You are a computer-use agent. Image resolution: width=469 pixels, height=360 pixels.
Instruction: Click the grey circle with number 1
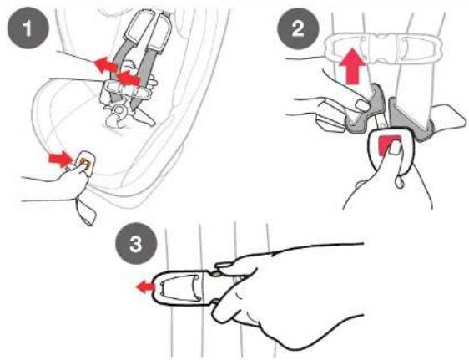[x=28, y=28]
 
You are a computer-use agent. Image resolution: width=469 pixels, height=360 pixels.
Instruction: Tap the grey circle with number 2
[x=298, y=28]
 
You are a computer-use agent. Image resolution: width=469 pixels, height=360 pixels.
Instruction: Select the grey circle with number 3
[x=136, y=244]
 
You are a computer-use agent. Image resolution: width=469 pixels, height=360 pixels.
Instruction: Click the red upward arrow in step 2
[x=353, y=65]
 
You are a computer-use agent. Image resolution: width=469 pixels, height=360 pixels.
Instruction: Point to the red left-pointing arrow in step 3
[x=146, y=287]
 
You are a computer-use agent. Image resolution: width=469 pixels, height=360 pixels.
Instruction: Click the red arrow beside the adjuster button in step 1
[x=60, y=159]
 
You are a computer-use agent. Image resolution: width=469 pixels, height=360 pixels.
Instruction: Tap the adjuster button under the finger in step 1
[x=85, y=162]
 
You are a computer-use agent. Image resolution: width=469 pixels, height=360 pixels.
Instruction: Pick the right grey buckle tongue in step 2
[x=411, y=119]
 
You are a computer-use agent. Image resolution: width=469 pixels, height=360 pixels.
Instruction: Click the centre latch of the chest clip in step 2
[x=382, y=48]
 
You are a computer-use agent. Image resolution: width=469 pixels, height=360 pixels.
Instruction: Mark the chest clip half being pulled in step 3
[x=183, y=288]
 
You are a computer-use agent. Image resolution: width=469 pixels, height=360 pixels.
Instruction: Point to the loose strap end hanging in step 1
[x=86, y=211]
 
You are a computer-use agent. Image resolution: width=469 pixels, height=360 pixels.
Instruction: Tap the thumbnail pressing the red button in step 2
[x=396, y=147]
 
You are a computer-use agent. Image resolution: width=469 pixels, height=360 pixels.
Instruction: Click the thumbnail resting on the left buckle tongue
[x=362, y=104]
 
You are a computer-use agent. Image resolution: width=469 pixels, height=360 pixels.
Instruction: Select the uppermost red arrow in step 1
[x=106, y=66]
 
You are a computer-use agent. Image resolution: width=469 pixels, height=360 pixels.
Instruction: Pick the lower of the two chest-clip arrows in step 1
[x=129, y=79]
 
